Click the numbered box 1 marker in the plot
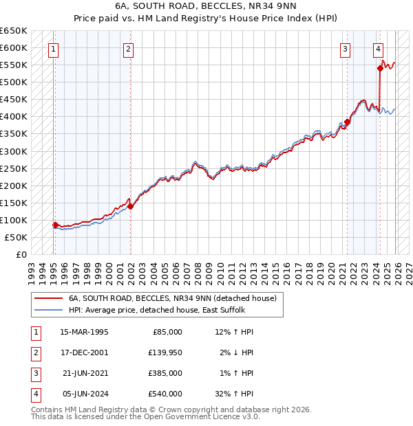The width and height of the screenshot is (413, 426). tap(54, 49)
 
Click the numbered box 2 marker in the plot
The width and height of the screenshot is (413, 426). tap(129, 49)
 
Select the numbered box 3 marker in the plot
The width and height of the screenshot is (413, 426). tap(345, 49)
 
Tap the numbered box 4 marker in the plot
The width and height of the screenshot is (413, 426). tap(379, 49)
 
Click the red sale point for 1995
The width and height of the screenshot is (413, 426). tap(55, 225)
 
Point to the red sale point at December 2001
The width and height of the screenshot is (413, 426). tap(131, 206)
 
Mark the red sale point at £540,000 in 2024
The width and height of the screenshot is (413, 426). tap(380, 68)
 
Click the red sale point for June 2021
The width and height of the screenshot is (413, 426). tap(348, 122)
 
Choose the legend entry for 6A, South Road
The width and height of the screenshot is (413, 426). tap(172, 298)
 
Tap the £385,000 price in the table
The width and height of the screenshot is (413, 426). tap(165, 373)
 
